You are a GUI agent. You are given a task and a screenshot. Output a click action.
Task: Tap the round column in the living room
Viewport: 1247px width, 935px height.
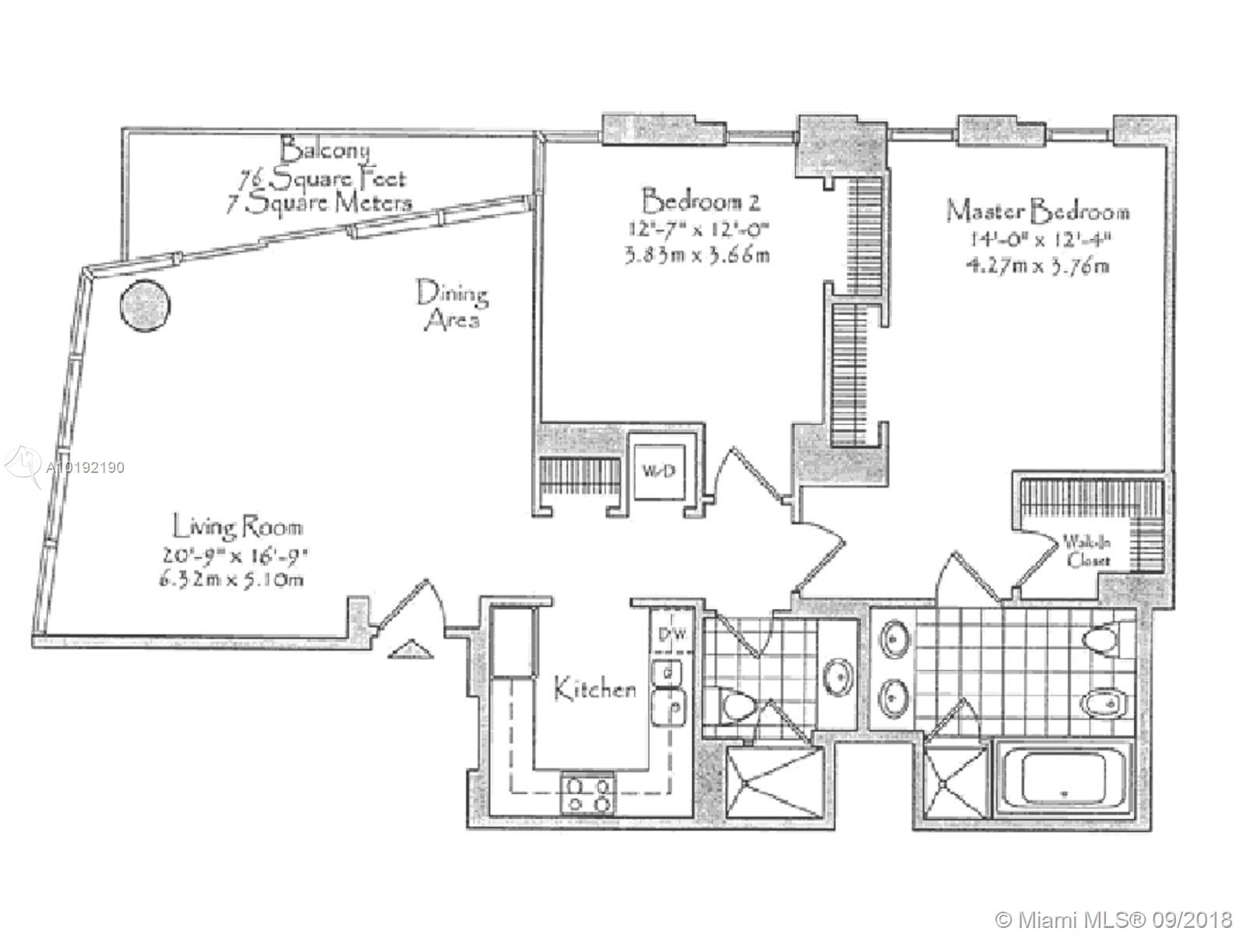pos(144,305)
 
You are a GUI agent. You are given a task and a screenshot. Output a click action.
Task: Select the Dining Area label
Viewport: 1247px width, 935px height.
pos(452,305)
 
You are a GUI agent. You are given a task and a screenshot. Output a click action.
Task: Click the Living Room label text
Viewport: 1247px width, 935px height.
pos(237,528)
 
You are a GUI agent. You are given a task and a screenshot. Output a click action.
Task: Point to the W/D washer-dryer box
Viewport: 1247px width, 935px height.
pos(653,471)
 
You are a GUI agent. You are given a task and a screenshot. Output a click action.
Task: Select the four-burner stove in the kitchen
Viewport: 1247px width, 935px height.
pos(588,793)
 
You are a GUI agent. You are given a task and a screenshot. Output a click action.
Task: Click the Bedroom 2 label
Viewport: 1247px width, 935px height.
pos(700,202)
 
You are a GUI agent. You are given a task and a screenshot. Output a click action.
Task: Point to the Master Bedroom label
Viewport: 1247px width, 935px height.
pos(1037,211)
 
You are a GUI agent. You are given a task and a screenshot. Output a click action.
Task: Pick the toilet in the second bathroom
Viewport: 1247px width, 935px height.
pos(737,707)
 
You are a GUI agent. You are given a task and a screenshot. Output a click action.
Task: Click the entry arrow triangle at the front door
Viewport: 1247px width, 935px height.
pos(408,648)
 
